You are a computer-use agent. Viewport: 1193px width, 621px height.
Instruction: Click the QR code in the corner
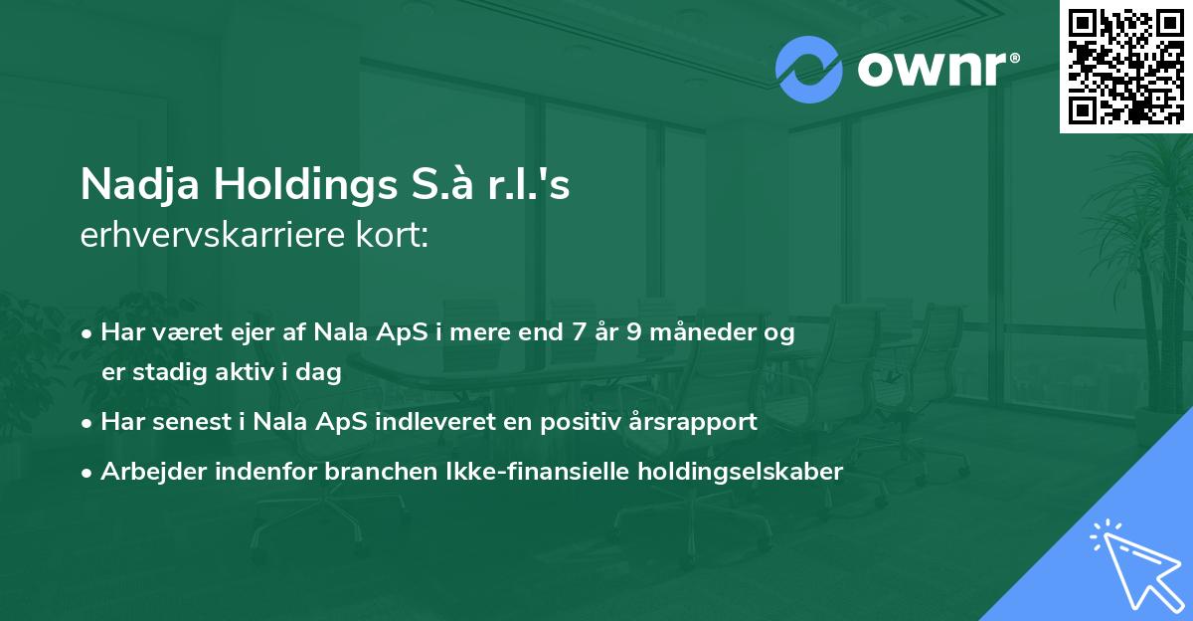point(1125,66)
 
